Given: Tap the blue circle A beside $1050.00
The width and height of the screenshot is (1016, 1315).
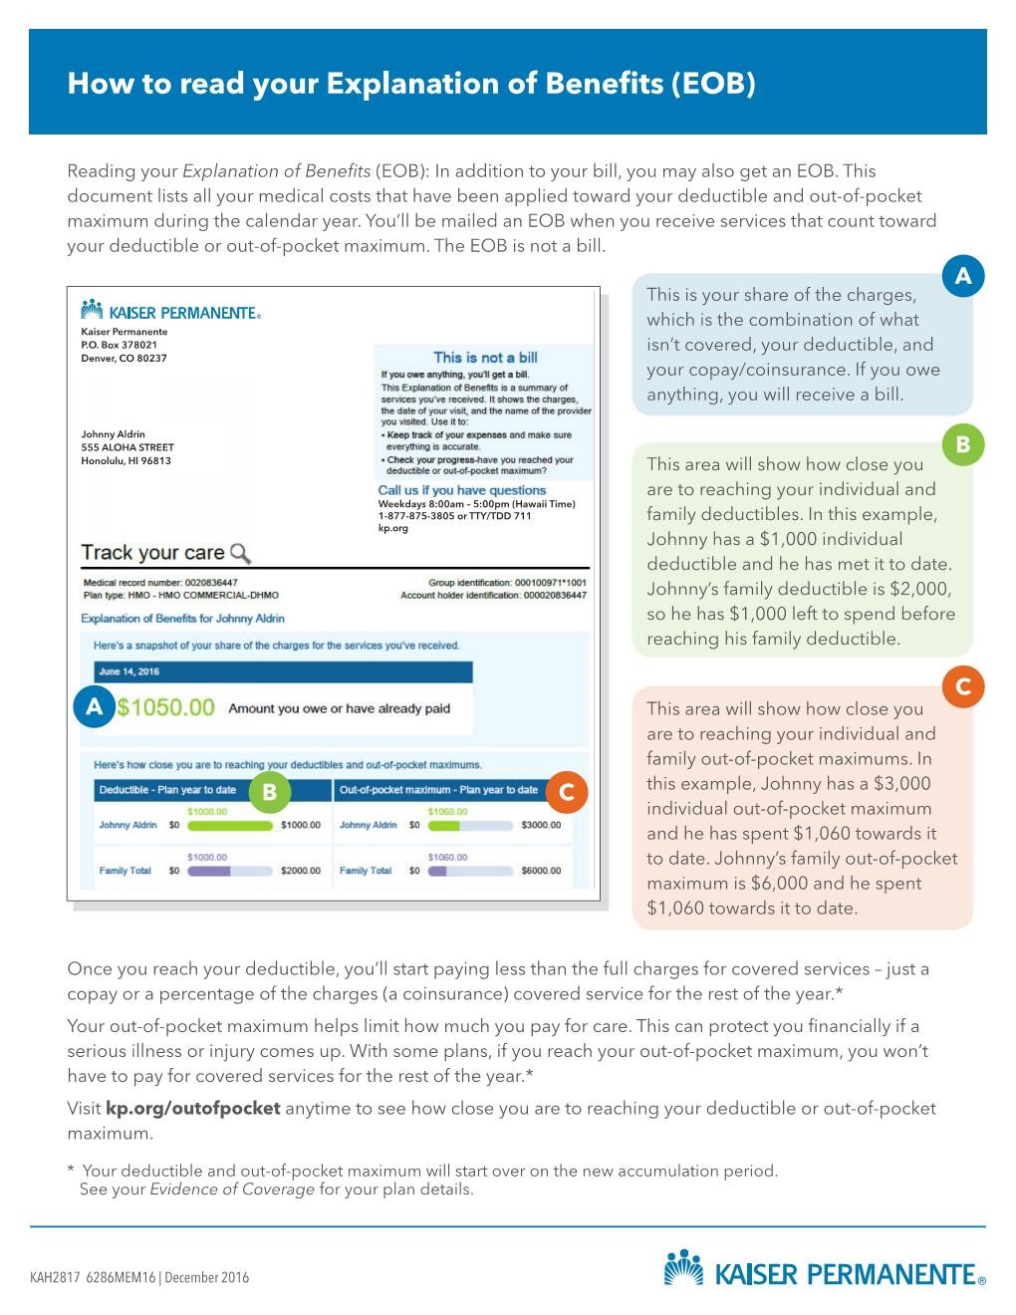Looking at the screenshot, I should pyautogui.click(x=95, y=708).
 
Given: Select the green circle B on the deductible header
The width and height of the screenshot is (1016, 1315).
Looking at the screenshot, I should pyautogui.click(x=268, y=791).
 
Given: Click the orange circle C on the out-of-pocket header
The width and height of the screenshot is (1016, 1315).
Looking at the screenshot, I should pyautogui.click(x=568, y=791).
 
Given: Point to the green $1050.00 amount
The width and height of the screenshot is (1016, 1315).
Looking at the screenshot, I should pyautogui.click(x=165, y=708).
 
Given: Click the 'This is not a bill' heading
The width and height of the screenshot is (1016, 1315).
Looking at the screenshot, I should pyautogui.click(x=485, y=358).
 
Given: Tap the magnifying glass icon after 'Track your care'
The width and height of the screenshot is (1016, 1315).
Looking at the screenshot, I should pyautogui.click(x=240, y=553).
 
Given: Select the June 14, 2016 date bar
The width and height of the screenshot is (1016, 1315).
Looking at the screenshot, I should pyautogui.click(x=283, y=671).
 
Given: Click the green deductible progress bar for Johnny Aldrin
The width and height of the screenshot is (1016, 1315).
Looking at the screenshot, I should pyautogui.click(x=229, y=825).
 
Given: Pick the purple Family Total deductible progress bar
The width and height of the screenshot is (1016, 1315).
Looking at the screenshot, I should pyautogui.click(x=209, y=871).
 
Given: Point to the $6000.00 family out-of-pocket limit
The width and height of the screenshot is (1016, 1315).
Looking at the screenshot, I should pyautogui.click(x=541, y=871).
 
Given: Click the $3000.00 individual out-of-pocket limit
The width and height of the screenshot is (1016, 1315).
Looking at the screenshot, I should pyautogui.click(x=541, y=825).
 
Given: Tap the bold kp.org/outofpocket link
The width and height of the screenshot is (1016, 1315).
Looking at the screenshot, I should pyautogui.click(x=193, y=1109).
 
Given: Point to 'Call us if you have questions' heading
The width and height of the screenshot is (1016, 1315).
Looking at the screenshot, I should pyautogui.click(x=461, y=490).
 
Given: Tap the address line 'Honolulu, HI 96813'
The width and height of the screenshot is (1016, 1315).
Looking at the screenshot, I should pyautogui.click(x=126, y=460).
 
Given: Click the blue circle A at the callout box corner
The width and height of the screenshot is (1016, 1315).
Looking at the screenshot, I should pyautogui.click(x=962, y=276).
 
